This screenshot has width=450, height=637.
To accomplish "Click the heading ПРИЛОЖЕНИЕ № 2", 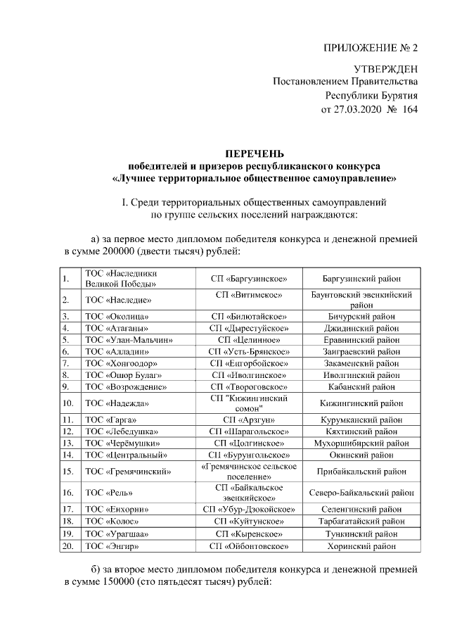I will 370,49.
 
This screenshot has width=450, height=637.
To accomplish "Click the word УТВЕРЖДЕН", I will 385,69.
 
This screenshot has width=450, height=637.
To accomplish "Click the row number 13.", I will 68,443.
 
